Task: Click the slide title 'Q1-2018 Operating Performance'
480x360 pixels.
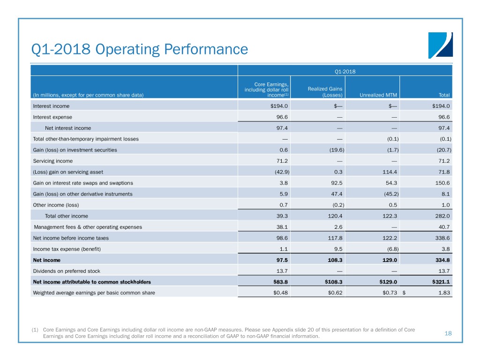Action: click(x=139, y=49)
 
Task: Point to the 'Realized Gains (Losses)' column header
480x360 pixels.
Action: click(x=325, y=92)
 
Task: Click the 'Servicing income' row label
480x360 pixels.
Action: click(x=53, y=161)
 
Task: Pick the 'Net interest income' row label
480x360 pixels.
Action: click(x=68, y=127)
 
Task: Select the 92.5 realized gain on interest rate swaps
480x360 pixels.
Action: click(x=335, y=183)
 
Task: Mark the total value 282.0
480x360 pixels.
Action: click(x=442, y=216)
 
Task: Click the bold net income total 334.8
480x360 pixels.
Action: click(x=442, y=260)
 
